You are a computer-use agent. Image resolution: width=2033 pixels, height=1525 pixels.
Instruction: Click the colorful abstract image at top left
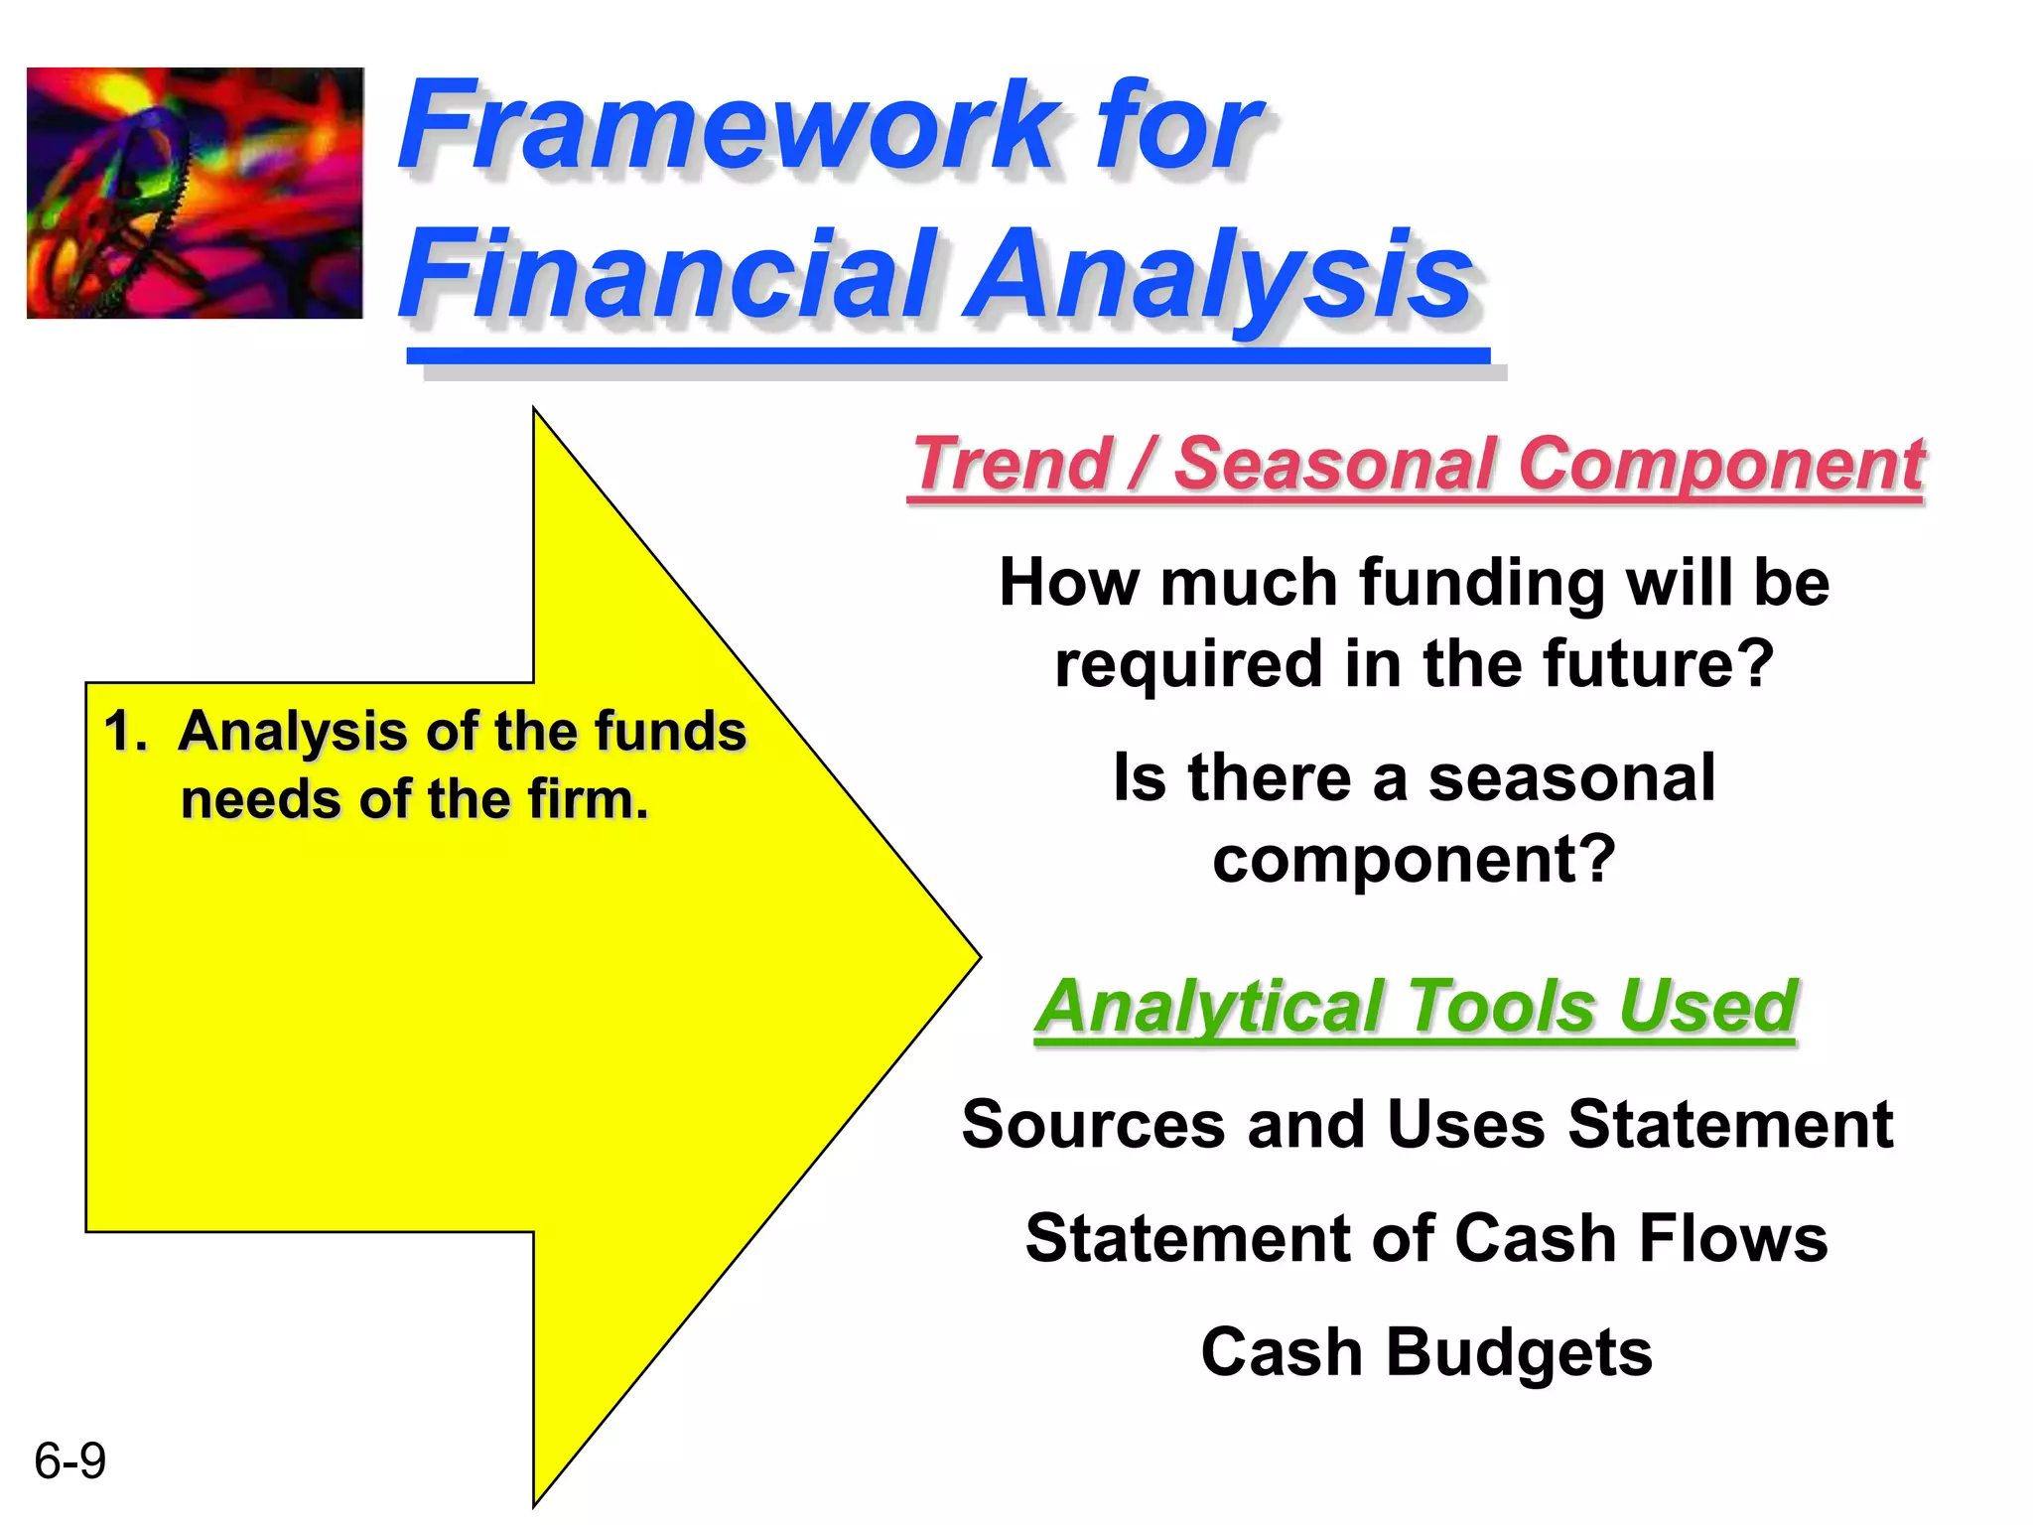coord(195,193)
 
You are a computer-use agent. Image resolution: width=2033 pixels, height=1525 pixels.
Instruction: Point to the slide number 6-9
coord(69,1461)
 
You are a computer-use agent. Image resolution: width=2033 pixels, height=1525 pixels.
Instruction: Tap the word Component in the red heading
coord(1721,464)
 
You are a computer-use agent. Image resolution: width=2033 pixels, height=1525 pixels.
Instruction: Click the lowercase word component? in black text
coord(1414,859)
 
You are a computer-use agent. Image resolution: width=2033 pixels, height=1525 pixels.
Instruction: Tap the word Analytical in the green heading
coord(1211,1007)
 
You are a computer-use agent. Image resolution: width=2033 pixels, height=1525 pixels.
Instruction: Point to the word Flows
coord(1733,1239)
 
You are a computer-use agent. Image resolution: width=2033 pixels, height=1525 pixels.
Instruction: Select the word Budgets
coord(1519,1353)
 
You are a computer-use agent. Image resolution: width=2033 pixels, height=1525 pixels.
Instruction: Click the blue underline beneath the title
coord(948,355)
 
